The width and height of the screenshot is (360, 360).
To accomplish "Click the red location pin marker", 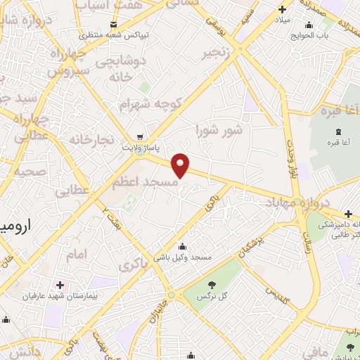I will (181, 165).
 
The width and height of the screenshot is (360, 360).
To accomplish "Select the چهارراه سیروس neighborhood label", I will (70, 63).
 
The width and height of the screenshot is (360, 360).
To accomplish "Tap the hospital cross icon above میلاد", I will (282, 10).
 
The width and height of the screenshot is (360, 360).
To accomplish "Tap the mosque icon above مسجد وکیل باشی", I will (183, 246).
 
